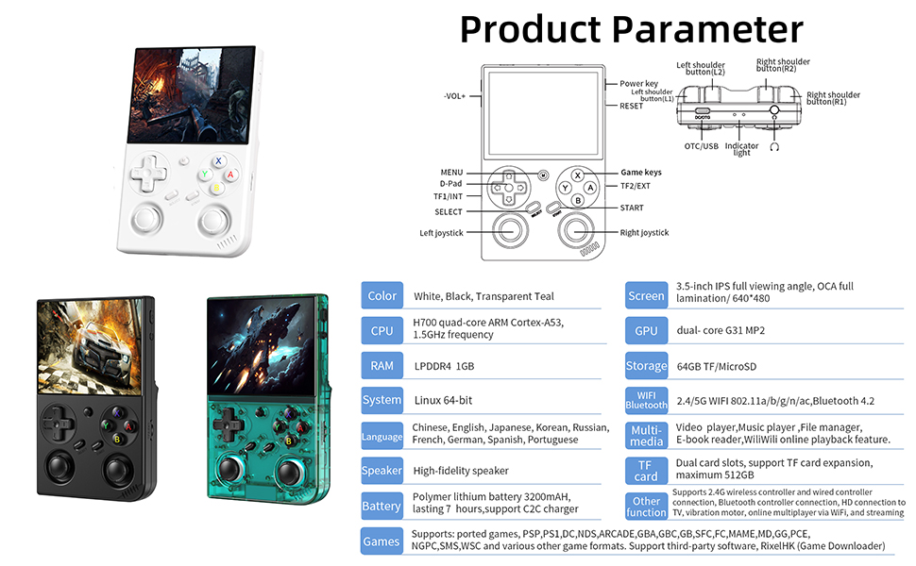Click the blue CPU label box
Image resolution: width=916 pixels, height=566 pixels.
(382, 330)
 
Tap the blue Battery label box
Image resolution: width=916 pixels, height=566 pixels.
(382, 506)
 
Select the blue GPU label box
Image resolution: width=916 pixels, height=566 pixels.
(646, 330)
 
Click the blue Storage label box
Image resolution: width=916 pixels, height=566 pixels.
(646, 366)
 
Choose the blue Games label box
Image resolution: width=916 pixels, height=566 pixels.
(382, 541)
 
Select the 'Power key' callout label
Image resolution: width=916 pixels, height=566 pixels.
(639, 84)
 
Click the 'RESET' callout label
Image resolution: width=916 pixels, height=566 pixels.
(631, 106)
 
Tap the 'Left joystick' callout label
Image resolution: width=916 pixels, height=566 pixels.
(441, 233)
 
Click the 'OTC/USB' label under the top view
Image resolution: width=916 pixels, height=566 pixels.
(702, 146)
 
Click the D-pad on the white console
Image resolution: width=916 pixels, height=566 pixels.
(147, 173)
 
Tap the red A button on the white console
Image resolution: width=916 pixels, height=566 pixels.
(230, 175)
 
